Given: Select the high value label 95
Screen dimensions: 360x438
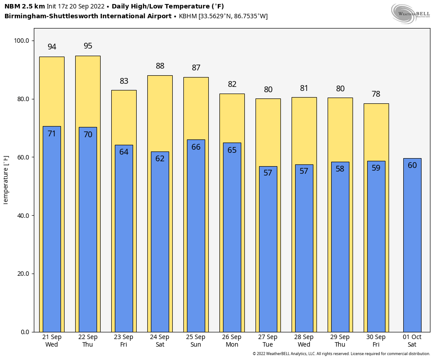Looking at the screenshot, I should [88, 46].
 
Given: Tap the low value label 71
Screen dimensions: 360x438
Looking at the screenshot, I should [52, 134].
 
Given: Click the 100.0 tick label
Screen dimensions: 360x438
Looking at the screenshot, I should [21, 41].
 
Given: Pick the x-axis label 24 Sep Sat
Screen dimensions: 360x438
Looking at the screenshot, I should [160, 341].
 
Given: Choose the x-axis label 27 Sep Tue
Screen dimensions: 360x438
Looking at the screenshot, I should [268, 341].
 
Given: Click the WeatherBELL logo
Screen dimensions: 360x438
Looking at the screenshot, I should [411, 14].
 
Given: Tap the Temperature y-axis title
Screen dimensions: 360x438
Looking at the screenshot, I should [6, 180].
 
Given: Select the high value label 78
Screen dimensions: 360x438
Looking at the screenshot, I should [376, 94].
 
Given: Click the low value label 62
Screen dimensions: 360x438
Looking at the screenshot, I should [160, 159].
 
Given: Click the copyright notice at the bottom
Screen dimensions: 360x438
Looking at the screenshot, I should [341, 354].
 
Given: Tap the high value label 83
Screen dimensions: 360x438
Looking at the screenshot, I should [124, 82].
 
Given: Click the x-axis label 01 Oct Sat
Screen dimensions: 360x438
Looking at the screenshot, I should [412, 341].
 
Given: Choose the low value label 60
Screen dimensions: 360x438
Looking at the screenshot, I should [412, 166].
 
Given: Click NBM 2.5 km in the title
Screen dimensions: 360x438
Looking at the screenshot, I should [24, 7].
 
